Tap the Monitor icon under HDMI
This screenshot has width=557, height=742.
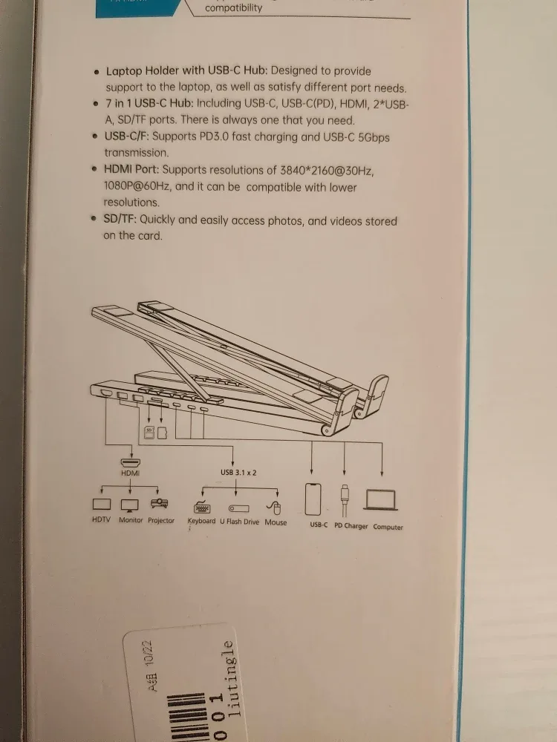(130, 505)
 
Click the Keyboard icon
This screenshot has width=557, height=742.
(201, 508)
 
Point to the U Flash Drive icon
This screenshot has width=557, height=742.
(238, 508)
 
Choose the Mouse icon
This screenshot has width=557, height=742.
(274, 508)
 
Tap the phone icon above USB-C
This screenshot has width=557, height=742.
(313, 499)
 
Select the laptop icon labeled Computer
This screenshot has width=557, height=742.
(381, 500)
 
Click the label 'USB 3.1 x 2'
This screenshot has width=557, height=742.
(238, 472)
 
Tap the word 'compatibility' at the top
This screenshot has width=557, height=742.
(233, 8)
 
